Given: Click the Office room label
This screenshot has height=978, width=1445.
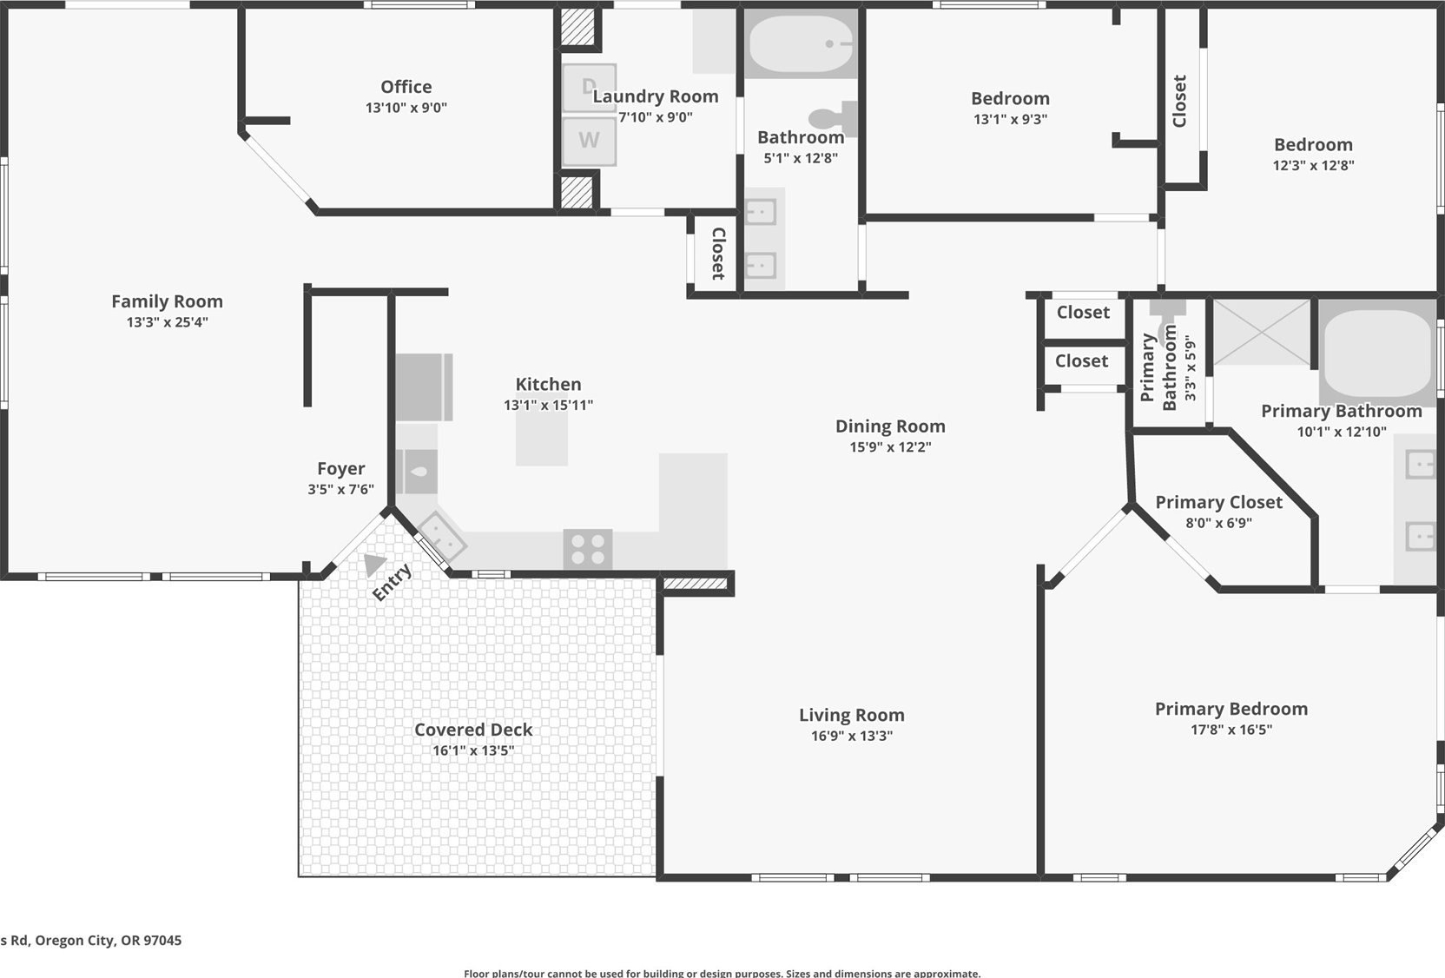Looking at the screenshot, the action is [406, 87].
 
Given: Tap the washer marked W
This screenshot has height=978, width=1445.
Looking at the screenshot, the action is [589, 140].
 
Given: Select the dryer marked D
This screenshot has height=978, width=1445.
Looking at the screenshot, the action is [589, 87].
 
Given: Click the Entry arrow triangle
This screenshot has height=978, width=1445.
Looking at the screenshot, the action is [373, 564].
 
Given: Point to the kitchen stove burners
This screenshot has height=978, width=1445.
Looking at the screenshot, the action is [588, 549].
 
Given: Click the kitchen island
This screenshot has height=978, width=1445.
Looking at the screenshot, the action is [541, 438].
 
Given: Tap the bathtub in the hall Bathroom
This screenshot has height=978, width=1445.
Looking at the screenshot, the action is [801, 44].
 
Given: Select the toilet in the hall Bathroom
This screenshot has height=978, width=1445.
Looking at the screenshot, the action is [833, 119].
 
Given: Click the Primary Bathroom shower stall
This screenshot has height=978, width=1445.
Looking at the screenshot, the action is [1262, 333].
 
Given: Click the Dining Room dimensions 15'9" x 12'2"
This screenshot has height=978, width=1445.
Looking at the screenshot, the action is [890, 446].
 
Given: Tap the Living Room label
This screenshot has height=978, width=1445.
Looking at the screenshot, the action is [852, 715].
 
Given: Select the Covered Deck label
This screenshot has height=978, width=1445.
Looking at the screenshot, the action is [473, 730].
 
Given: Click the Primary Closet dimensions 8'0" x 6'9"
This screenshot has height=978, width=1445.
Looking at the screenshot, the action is [1218, 523].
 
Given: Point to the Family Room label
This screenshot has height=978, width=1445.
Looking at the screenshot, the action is [167, 301].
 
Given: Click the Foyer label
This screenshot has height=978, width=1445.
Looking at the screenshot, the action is [340, 469].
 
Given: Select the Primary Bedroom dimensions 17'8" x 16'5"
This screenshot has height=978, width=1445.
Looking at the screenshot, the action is [1231, 729].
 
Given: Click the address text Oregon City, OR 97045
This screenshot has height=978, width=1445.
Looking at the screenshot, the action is [109, 941].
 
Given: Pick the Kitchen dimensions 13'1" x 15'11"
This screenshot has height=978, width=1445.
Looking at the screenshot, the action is [548, 405].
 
